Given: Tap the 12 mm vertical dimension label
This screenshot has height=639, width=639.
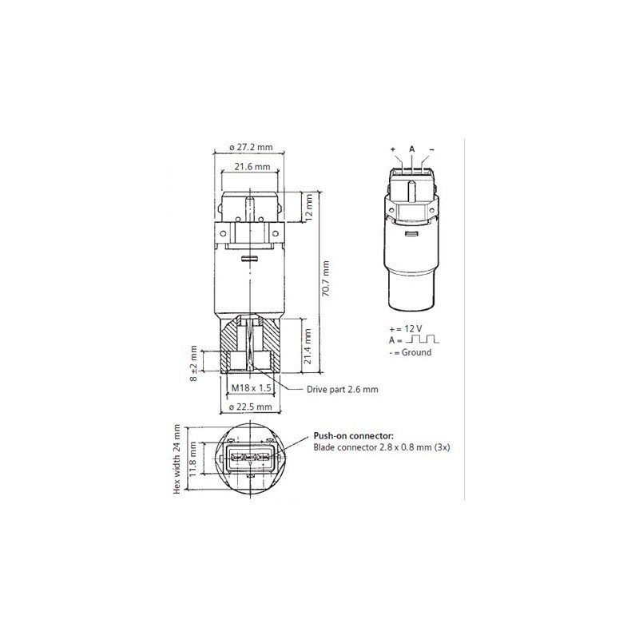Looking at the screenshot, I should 308,209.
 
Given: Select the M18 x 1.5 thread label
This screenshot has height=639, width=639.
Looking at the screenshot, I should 251,388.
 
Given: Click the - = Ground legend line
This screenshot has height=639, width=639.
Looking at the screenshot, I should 410,351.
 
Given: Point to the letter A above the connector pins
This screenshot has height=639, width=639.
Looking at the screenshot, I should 411,149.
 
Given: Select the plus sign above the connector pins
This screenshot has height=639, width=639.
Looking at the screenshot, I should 393,149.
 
